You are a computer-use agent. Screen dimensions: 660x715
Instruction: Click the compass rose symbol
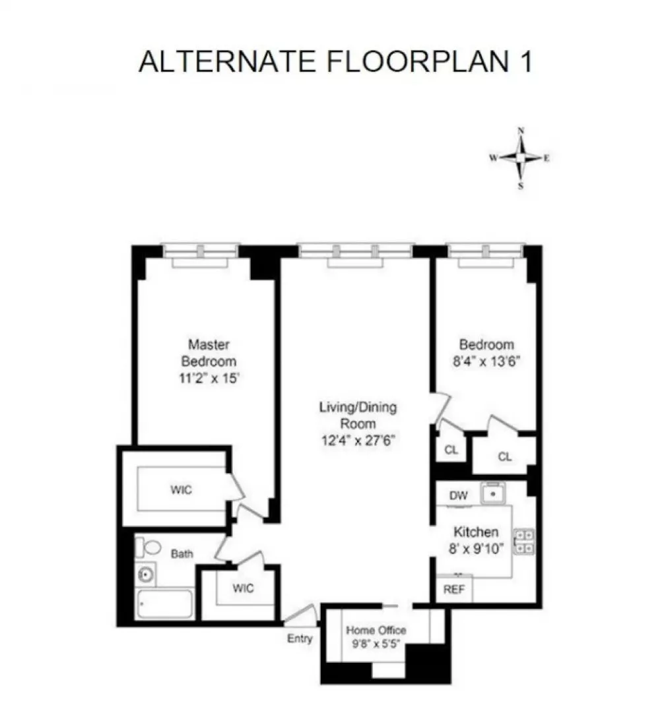520,158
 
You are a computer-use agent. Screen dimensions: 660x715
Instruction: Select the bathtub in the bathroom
165,604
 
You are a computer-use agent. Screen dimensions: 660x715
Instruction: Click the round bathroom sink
146,575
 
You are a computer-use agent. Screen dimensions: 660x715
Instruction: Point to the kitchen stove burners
524,542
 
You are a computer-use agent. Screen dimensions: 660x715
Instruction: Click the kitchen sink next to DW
493,494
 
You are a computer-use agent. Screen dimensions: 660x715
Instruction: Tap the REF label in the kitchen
453,590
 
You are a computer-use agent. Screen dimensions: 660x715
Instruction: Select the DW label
458,495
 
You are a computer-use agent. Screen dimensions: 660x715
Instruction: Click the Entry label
300,638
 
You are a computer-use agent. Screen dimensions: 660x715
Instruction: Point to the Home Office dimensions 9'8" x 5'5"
376,644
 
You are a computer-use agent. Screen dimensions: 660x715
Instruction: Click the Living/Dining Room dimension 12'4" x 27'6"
358,441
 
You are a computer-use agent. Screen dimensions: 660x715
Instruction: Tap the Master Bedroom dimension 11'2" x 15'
209,378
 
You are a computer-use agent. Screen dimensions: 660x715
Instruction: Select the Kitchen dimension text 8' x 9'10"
476,548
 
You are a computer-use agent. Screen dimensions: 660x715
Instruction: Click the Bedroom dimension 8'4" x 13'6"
486,361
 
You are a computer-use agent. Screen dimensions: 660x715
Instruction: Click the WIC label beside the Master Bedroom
181,489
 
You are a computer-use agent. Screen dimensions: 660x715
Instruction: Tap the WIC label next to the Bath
243,588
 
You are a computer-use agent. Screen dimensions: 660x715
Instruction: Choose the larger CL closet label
505,456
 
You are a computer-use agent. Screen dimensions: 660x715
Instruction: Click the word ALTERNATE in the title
227,61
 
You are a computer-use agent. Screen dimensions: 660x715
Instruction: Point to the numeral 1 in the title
527,61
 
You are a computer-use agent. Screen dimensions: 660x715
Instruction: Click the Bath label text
181,553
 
